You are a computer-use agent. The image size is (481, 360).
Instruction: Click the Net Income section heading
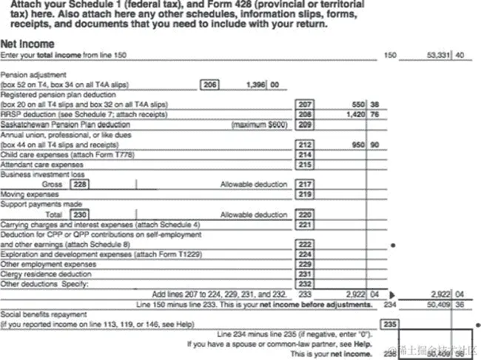pyautogui.click(x=27, y=44)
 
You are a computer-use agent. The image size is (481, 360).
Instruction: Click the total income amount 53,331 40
pyautogui.click(x=445, y=55)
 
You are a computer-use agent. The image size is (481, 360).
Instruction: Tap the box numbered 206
pyautogui.click(x=210, y=85)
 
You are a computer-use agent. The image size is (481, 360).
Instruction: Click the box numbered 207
pyautogui.click(x=304, y=105)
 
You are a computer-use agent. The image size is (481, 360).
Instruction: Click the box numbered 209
pyautogui.click(x=304, y=125)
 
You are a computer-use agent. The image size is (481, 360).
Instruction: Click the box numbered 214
pyautogui.click(x=304, y=155)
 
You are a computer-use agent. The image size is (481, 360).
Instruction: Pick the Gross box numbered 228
pyautogui.click(x=78, y=184)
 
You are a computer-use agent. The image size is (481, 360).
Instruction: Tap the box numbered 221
pyautogui.click(x=304, y=224)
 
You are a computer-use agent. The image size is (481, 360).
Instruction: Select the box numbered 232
pyautogui.click(x=304, y=284)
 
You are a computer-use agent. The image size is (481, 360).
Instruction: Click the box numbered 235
pyautogui.click(x=389, y=324)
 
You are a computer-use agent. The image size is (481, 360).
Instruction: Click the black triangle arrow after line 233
pyautogui.click(x=392, y=294)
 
